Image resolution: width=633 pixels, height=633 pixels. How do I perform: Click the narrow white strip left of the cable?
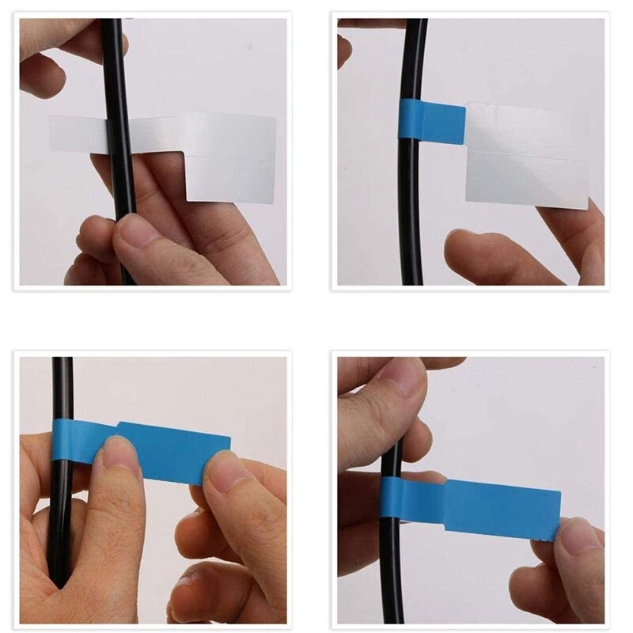pyautogui.click(x=77, y=134)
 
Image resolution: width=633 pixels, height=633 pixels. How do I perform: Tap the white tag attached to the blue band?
pyautogui.click(x=527, y=155)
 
